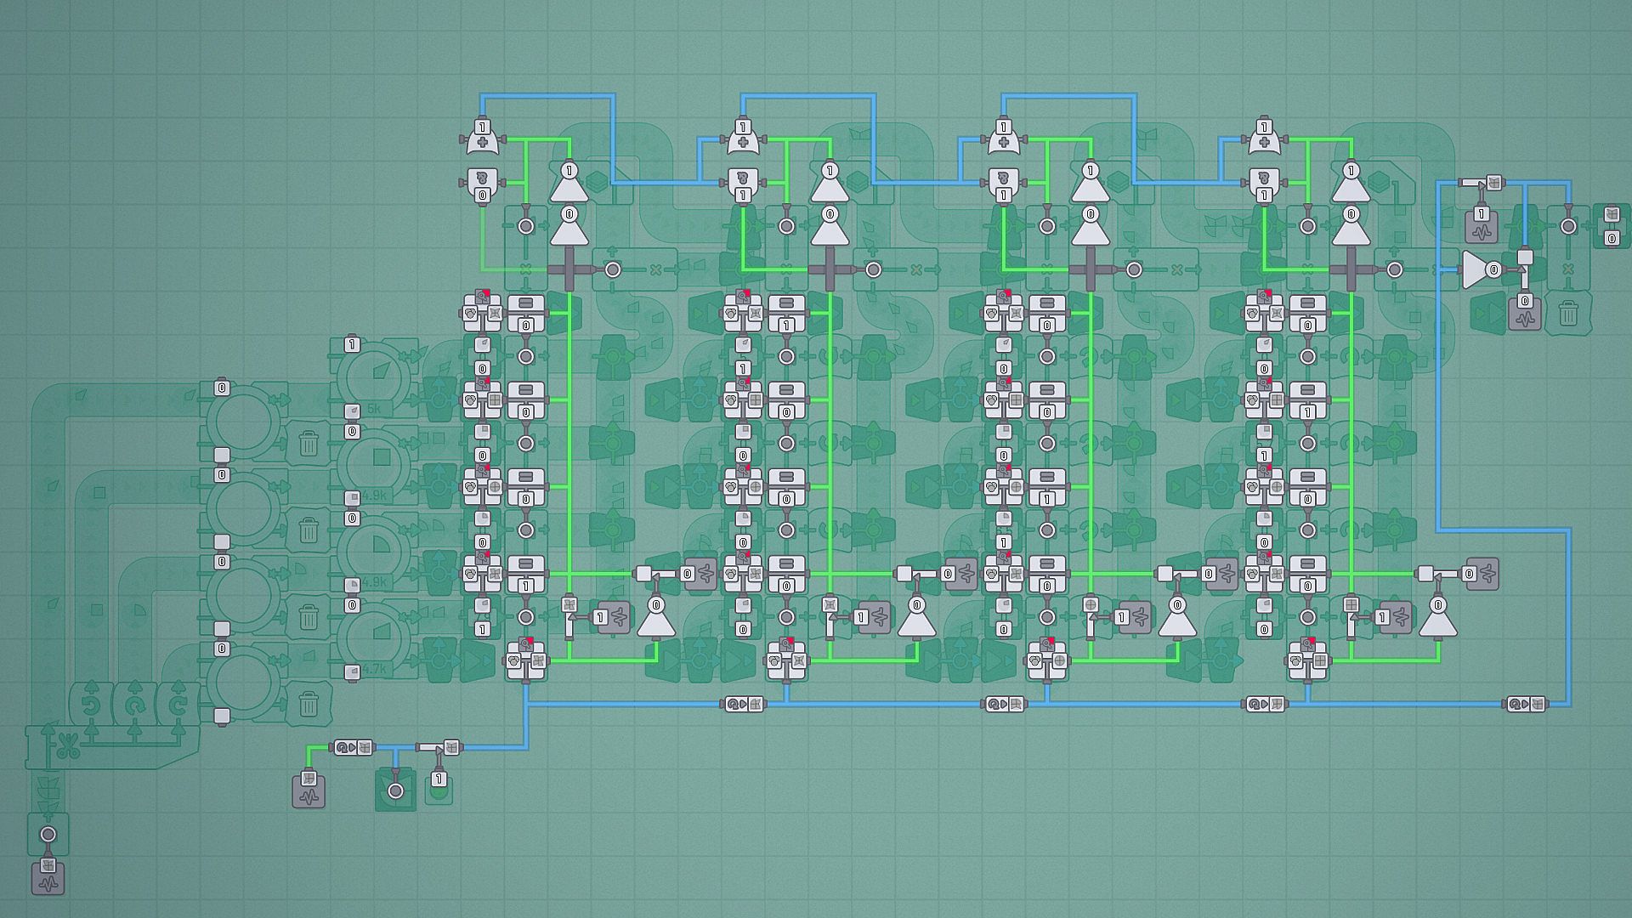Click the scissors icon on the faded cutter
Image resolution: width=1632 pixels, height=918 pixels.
pos(69,749)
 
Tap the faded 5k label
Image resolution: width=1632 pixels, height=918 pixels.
pos(374,409)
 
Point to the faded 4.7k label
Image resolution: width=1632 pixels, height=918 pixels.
pos(374,670)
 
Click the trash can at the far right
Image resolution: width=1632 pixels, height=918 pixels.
pos(1568,314)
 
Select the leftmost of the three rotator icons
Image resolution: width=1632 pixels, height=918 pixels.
pos(91,705)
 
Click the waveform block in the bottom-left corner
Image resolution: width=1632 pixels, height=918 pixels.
pos(48,878)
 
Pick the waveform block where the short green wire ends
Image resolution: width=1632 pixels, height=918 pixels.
pos(309,791)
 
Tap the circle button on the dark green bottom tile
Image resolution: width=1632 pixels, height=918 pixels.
pos(395,790)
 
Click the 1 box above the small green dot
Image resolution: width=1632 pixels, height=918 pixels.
pos(439,779)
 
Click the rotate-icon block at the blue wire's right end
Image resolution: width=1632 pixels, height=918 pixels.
pos(1527,704)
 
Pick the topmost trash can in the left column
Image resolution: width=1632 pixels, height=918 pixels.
pos(309,443)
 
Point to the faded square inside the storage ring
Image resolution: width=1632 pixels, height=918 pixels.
pos(382,458)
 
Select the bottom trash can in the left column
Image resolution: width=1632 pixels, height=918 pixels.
pos(309,704)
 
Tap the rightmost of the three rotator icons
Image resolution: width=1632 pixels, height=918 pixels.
pos(178,705)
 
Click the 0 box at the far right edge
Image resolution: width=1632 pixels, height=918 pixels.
pos(1611,239)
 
